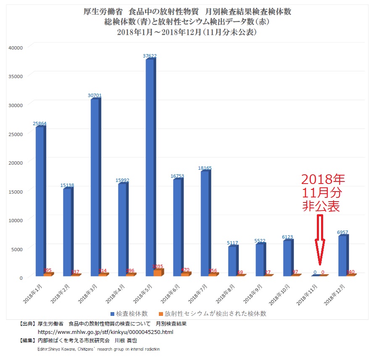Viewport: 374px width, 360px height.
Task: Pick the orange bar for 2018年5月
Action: (157, 272)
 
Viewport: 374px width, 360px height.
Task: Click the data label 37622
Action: (150, 55)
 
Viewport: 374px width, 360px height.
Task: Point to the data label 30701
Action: (95, 95)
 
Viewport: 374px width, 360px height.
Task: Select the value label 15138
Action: (67, 185)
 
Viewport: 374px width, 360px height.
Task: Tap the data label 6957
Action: (343, 232)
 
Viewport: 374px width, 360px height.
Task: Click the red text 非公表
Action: (321, 206)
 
